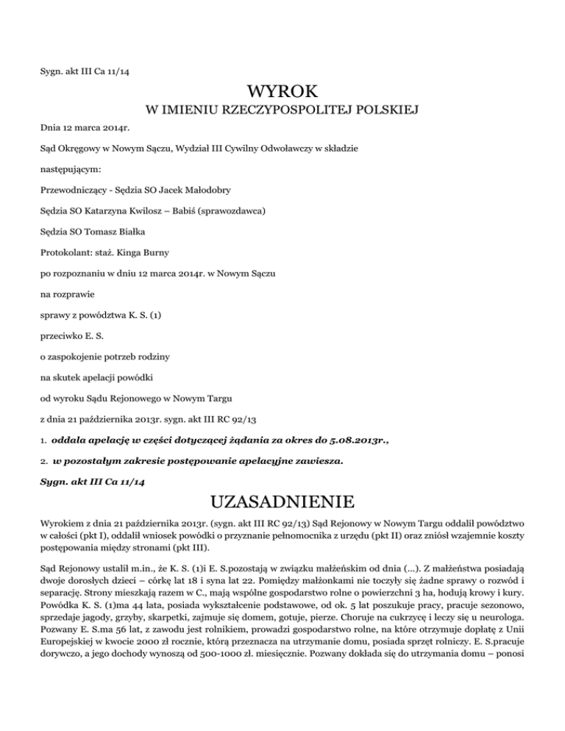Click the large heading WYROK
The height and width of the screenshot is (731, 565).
pos(282,92)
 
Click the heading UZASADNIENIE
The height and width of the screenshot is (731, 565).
pos(282,504)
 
